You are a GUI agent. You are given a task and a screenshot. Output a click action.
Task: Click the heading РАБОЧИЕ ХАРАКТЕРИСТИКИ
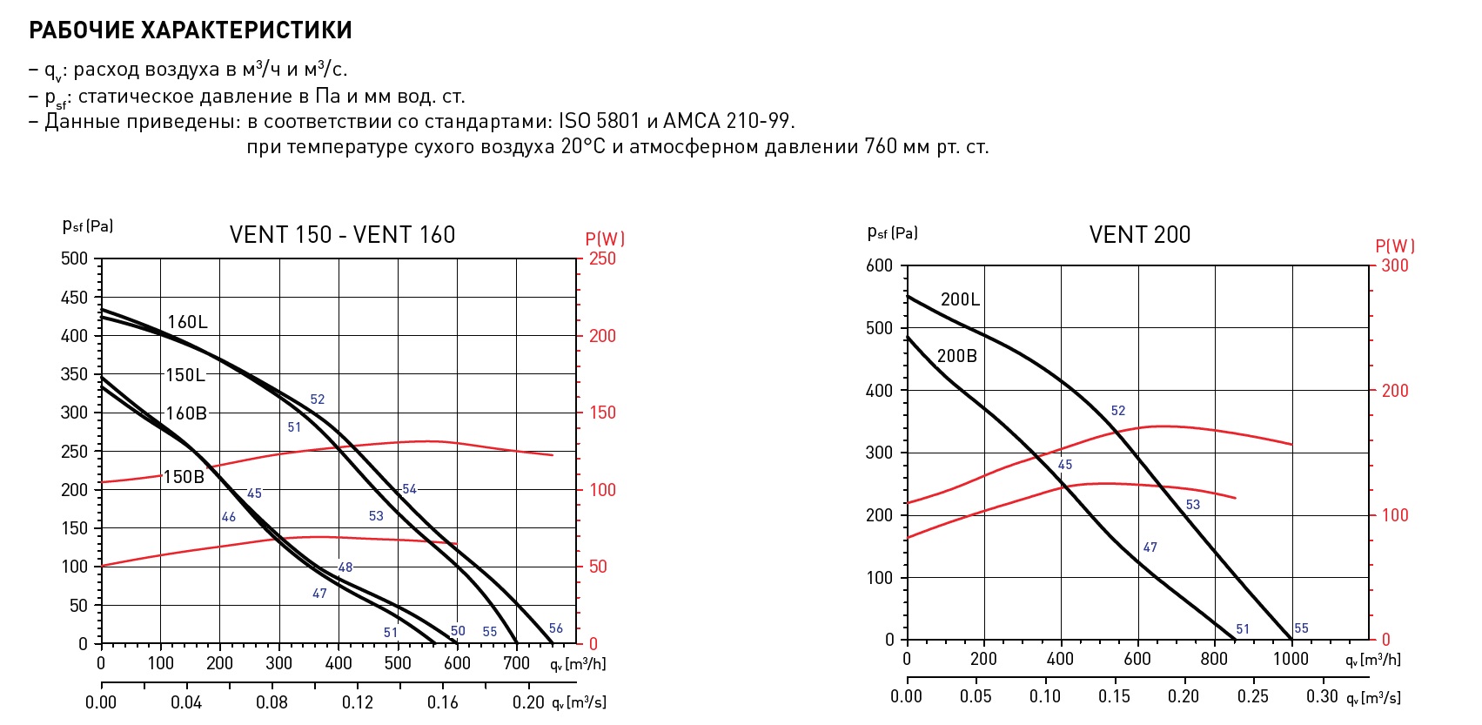coord(191,30)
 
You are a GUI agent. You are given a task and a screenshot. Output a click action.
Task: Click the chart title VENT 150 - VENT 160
coord(342,235)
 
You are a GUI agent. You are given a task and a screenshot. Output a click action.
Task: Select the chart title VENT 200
coord(1139,235)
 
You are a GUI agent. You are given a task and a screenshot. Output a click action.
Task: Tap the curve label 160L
coord(187,322)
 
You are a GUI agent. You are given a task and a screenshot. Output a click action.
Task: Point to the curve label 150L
coord(185,375)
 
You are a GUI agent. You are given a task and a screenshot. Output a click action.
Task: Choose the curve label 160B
coord(186,413)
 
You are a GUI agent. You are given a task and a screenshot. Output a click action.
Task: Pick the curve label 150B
coord(184,477)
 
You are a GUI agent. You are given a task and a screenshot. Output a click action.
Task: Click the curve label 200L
coord(960,299)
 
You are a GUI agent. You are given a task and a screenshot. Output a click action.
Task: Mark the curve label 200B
coord(957,356)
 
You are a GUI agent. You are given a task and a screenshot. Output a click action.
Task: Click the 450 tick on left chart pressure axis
coord(75,298)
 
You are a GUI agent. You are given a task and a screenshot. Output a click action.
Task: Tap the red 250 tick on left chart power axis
coord(601,258)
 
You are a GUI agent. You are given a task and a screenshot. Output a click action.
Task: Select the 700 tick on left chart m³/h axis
coord(516,663)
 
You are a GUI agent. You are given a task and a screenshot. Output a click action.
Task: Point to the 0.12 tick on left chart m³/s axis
coord(357,702)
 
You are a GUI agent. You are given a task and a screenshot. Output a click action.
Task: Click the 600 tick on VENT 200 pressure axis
coord(880,266)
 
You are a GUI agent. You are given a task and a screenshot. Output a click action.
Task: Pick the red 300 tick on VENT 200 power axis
coord(1395,265)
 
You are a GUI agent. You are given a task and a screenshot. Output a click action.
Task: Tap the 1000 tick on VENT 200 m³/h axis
coord(1291,659)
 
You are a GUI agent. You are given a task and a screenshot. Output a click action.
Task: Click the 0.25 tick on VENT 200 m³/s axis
coord(1252,696)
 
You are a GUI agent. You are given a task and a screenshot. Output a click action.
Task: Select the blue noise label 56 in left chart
coord(556,628)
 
